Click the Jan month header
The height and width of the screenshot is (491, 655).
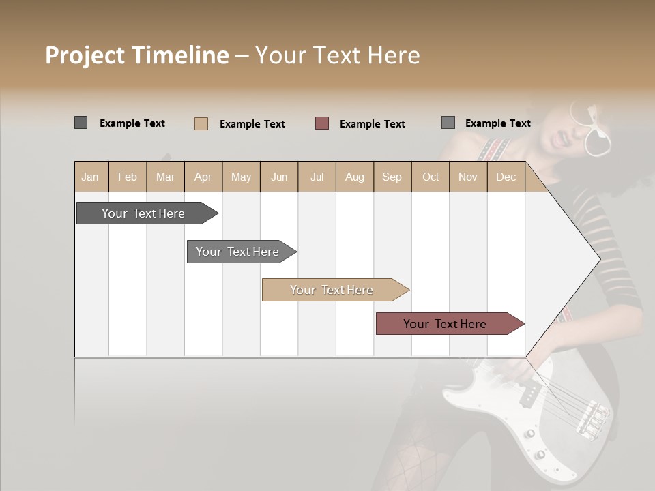90,177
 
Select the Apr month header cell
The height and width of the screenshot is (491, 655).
203,177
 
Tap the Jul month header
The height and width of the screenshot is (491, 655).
317,177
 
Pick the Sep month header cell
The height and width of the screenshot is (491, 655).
392,177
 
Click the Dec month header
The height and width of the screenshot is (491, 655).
506,177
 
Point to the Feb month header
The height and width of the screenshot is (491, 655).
128,177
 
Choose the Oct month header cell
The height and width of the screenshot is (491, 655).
431,177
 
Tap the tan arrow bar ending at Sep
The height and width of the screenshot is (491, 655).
333,290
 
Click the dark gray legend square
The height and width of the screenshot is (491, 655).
81,123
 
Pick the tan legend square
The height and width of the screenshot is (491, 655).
201,123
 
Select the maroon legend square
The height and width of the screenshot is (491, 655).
322,123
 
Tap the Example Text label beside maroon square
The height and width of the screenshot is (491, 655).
372,124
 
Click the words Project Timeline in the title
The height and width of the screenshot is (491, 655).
136,55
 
